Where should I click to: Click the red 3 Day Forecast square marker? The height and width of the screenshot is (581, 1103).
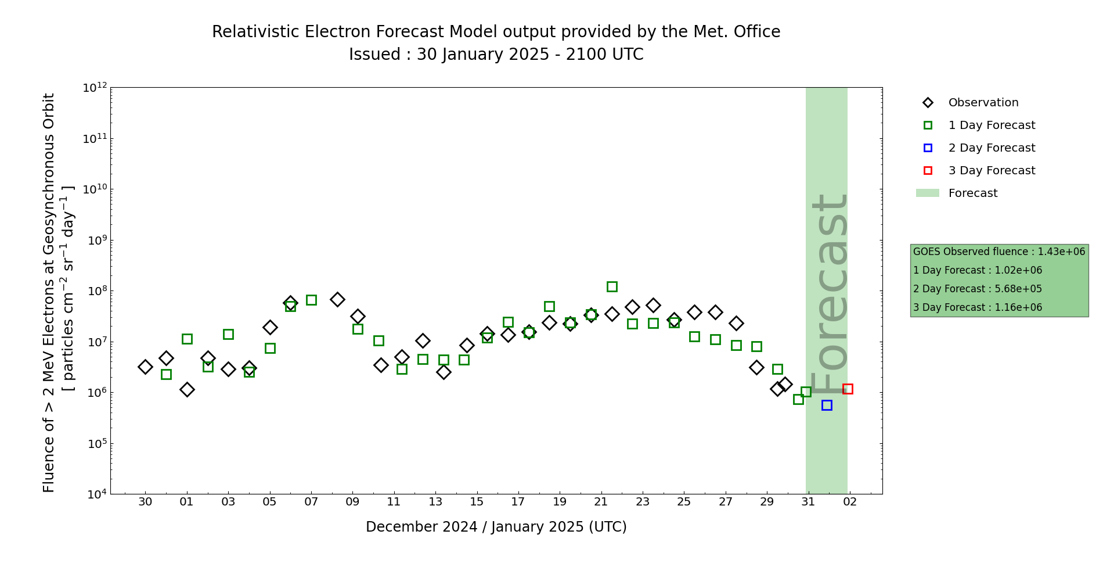(x=848, y=389)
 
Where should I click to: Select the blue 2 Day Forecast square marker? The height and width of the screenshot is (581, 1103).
(x=827, y=405)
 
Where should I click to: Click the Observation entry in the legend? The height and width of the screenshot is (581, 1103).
(x=983, y=103)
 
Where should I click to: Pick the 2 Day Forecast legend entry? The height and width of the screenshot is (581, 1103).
(x=992, y=148)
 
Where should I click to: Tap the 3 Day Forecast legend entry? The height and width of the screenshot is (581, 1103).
(x=992, y=171)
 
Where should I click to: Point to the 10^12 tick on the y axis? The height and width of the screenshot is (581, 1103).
(x=95, y=88)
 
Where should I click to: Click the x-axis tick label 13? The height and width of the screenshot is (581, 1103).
(x=435, y=502)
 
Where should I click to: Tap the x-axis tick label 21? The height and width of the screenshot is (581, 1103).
(x=601, y=502)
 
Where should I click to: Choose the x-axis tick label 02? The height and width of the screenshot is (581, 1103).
(x=850, y=502)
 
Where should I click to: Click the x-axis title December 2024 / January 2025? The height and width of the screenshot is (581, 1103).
(x=496, y=527)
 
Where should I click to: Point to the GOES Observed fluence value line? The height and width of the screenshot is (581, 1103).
(x=999, y=252)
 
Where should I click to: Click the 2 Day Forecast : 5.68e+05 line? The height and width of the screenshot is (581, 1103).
(x=977, y=289)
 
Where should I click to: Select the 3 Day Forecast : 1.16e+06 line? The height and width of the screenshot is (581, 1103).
(x=977, y=307)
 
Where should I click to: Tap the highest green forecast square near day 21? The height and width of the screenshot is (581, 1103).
(x=612, y=286)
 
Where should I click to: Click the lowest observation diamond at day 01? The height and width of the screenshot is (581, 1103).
(x=187, y=389)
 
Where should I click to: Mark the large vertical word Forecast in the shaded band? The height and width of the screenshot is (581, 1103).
(x=829, y=293)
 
